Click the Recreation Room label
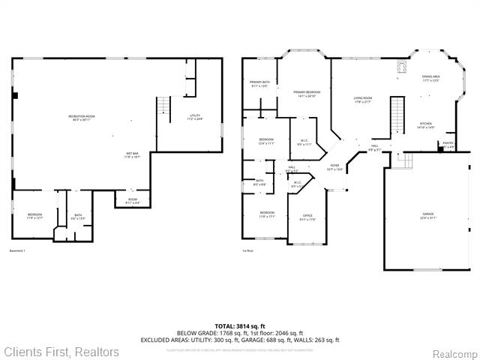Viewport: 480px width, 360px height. point(81,118)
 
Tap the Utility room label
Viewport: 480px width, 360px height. point(195,118)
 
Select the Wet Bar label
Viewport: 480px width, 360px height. point(133,156)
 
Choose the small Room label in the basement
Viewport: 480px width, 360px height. point(131,201)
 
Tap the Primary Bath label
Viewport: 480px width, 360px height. point(259,84)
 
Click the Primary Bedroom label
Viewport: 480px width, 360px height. point(304,94)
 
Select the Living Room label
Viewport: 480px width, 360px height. point(364,100)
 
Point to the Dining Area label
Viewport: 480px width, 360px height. point(430,79)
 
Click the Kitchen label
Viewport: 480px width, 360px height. point(425,125)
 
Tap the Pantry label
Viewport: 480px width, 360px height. point(448,145)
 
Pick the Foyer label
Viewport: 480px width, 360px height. point(334,166)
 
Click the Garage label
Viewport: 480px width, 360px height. point(427,216)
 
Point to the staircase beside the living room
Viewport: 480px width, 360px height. point(397,115)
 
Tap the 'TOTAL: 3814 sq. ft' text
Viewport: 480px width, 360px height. point(240,325)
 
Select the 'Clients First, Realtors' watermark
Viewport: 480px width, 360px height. point(61,351)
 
